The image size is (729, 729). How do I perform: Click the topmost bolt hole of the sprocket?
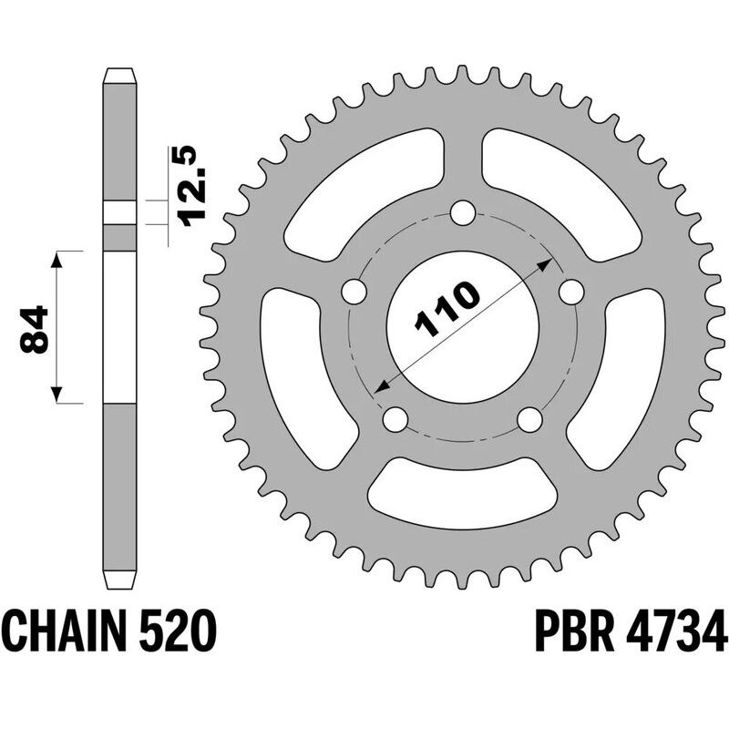click(x=463, y=215)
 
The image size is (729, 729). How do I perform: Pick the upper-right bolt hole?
click(x=571, y=293)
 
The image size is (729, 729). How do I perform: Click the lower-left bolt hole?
click(x=395, y=419)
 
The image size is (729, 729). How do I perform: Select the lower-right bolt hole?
click(x=529, y=419)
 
